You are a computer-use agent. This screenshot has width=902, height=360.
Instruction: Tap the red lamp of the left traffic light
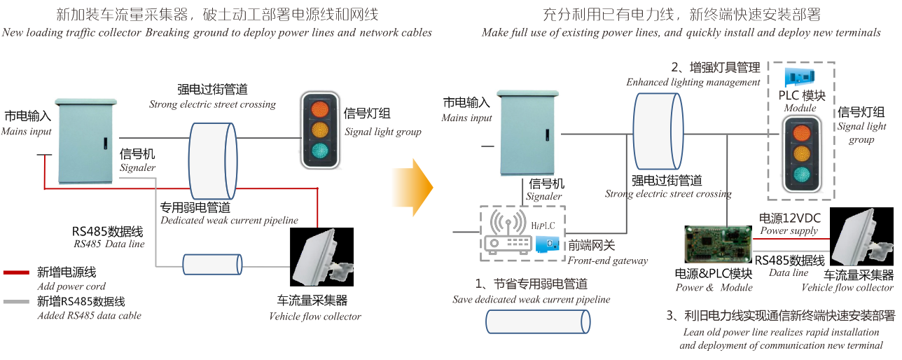[x=321, y=109]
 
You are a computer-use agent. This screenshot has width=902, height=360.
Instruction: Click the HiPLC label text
[x=543, y=225]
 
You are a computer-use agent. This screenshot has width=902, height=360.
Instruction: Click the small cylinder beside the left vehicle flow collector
[x=212, y=265]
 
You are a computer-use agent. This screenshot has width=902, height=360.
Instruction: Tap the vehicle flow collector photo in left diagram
[x=321, y=259]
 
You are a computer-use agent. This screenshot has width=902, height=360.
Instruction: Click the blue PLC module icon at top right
[x=802, y=77]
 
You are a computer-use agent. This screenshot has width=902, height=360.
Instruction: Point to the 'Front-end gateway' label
[x=607, y=261]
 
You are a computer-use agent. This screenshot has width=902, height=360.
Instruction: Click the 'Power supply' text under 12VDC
[x=789, y=231]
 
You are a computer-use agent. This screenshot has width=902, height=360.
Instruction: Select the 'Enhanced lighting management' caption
[x=693, y=82]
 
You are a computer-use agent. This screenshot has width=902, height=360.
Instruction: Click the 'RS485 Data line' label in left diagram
[x=109, y=244]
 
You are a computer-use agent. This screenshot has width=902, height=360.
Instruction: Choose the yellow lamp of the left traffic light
[x=321, y=130]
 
